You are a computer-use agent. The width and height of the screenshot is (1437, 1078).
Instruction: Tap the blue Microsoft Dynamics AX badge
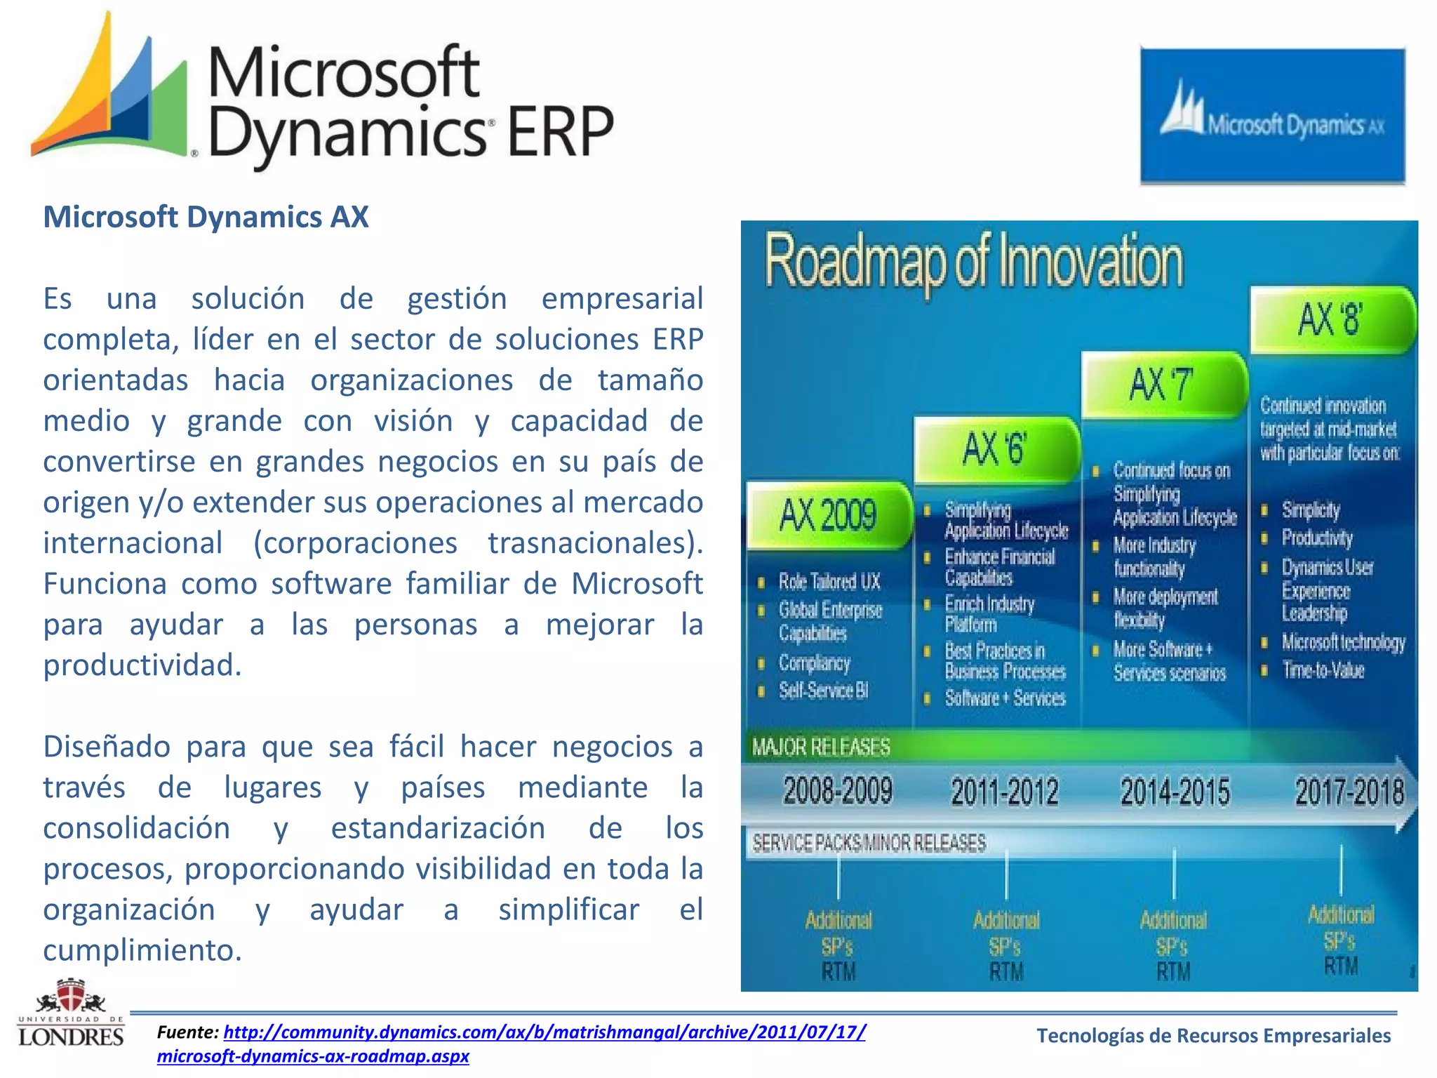pos(1272,116)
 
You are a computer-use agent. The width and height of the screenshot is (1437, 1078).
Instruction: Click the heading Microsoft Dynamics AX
pos(206,217)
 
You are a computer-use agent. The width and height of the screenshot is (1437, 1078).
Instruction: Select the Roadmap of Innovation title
pos(974,262)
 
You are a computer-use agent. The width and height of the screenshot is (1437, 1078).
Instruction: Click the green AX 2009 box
pos(828,515)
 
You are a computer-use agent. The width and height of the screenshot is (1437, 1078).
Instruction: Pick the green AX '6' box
pos(995,449)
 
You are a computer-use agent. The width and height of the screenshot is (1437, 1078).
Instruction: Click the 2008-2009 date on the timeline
pos(838,791)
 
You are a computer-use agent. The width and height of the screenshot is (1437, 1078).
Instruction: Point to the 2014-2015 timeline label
pos(1175,792)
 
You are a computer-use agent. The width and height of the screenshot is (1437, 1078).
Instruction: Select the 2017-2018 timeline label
pos(1349,792)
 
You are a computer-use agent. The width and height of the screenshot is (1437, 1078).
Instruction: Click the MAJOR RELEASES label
pos(821,747)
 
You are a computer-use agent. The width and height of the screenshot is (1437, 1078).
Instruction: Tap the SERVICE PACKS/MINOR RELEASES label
pos(869,842)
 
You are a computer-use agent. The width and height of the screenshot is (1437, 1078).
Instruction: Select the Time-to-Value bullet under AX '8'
pos(1323,670)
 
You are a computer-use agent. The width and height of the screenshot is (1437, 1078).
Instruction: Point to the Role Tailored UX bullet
pos(829,582)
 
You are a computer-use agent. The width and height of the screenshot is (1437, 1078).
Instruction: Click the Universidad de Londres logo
pos(71,1014)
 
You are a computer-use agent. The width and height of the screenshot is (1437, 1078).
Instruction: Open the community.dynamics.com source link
pos(544,1032)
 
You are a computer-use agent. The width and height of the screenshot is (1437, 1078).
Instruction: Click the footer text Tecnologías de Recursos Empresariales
pos(1213,1036)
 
